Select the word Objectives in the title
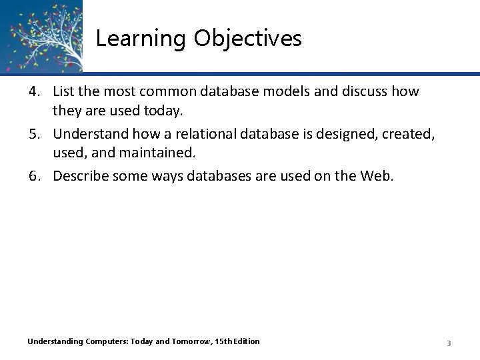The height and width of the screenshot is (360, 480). pos(248,39)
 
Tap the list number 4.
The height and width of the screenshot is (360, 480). pos(33,91)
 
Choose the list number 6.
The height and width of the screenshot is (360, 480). pos(33,176)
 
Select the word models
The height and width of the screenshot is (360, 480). pos(273,91)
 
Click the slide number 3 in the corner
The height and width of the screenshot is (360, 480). pos(449,343)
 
